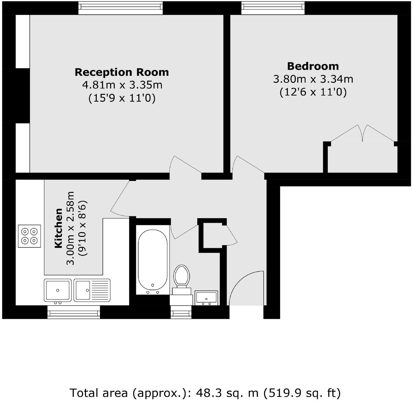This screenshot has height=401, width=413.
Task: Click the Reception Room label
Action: click(122, 72)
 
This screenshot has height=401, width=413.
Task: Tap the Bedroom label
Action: click(313, 66)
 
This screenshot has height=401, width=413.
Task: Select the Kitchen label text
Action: click(59, 228)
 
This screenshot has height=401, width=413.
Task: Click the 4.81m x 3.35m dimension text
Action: click(122, 85)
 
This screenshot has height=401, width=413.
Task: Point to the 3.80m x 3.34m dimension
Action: click(313, 79)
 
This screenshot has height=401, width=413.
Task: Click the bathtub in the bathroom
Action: click(153, 260)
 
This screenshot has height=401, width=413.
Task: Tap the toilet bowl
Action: click(181, 276)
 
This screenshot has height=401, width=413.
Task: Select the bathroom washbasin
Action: click(206, 298)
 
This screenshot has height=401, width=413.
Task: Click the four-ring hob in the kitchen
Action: click(29, 236)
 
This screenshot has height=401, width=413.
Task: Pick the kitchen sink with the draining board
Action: click(92, 290)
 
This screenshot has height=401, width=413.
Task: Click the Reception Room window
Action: click(120, 8)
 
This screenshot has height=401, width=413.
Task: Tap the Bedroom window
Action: click(273, 8)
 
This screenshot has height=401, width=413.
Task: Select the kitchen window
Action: click(73, 312)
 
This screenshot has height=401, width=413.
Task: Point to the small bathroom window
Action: click(181, 312)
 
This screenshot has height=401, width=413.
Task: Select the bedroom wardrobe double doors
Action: click(363, 133)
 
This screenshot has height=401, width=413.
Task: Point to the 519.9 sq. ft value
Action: click(302, 393)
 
